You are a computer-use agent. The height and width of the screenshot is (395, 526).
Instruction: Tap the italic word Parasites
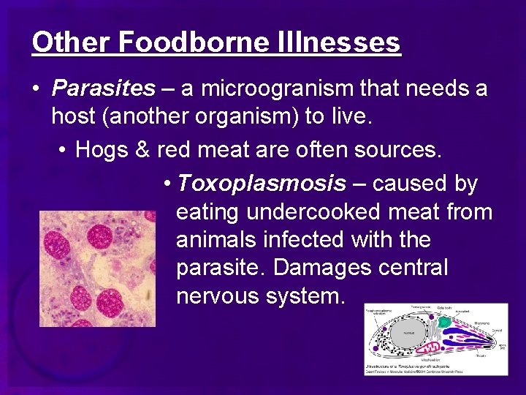103,89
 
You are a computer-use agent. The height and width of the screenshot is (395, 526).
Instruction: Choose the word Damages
322,268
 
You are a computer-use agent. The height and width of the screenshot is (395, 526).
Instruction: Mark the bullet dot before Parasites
35,89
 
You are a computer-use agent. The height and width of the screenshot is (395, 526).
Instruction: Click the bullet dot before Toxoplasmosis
168,184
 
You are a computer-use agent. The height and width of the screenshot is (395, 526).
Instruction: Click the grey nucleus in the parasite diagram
408,333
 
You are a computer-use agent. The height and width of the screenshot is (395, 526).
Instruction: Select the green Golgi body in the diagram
443,322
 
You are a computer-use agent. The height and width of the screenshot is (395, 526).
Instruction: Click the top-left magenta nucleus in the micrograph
56,240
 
